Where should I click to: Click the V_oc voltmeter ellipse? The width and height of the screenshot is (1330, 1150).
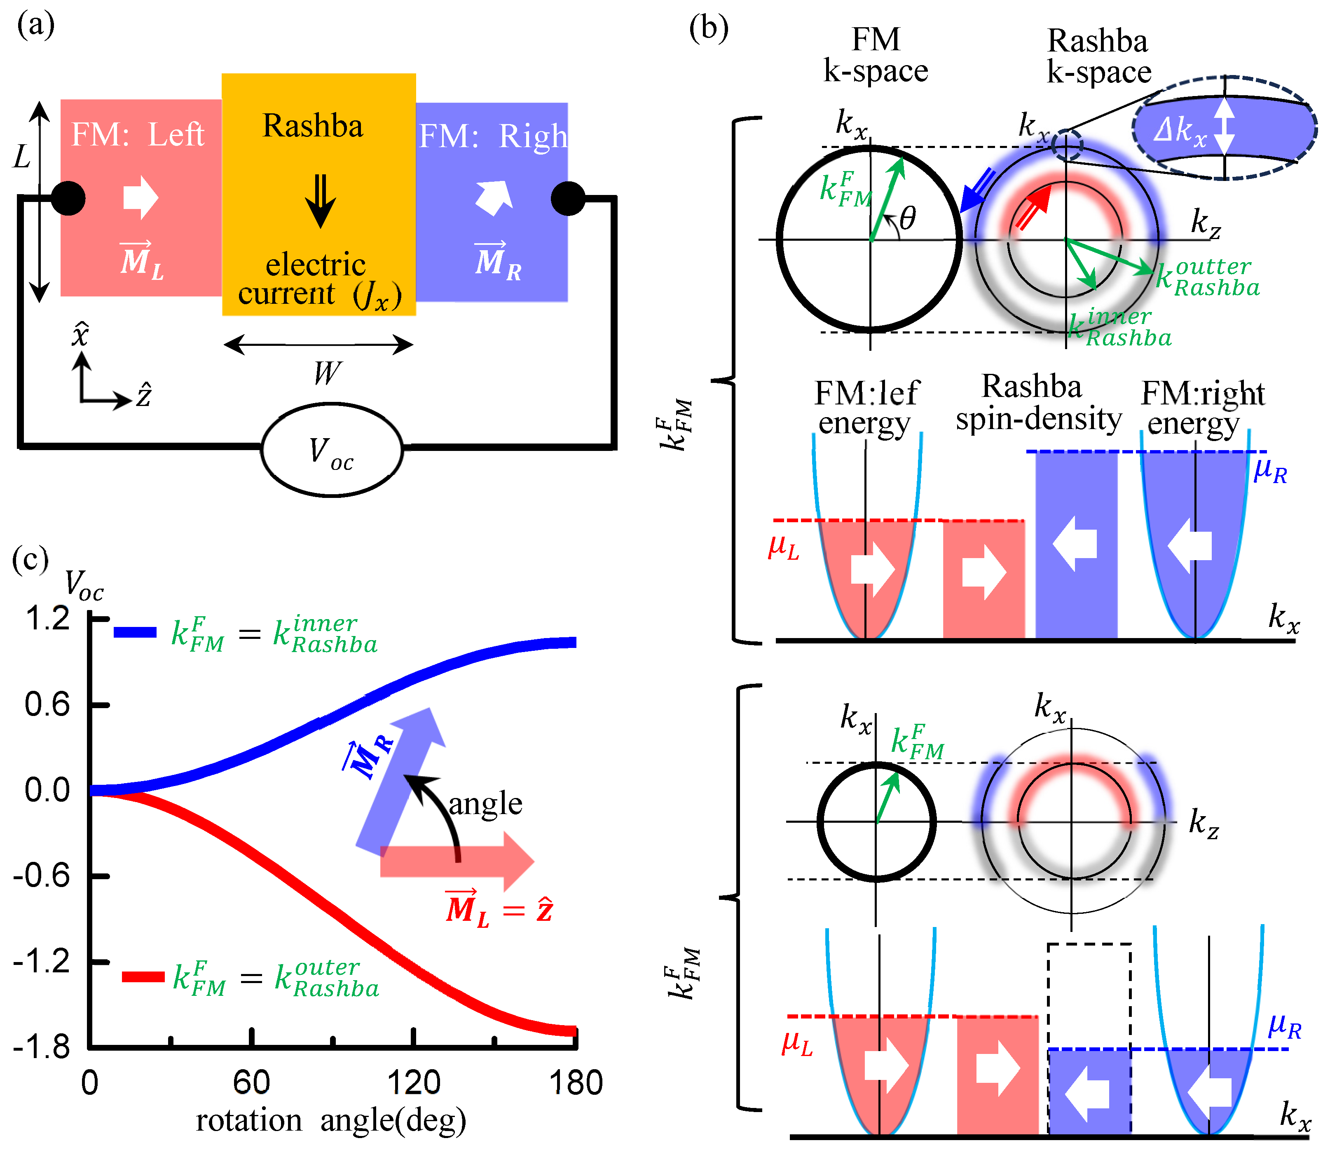pyautogui.click(x=332, y=449)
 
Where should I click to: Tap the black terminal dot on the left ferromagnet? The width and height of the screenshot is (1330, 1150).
pyautogui.click(x=68, y=198)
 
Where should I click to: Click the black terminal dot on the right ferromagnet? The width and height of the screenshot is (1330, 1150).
pyautogui.click(x=568, y=198)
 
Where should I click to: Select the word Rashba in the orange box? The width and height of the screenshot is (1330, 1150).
pyautogui.click(x=313, y=126)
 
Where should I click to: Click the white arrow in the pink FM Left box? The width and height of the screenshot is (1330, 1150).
pyautogui.click(x=140, y=197)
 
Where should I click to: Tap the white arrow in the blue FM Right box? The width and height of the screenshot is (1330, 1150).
pyautogui.click(x=495, y=197)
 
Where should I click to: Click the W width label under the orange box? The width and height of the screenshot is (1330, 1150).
pyautogui.click(x=328, y=373)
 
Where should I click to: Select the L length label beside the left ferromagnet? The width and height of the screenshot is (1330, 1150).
pyautogui.click(x=23, y=156)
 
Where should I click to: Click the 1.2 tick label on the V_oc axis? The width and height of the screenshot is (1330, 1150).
pyautogui.click(x=47, y=618)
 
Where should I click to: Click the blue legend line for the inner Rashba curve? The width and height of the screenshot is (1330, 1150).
pyautogui.click(x=135, y=632)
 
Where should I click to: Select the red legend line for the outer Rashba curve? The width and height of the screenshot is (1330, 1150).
pyautogui.click(x=143, y=976)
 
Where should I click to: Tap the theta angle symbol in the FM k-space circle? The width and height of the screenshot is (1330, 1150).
pyautogui.click(x=907, y=219)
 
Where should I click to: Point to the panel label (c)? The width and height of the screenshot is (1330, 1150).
pyautogui.click(x=30, y=559)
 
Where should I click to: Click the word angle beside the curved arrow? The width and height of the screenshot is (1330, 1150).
pyautogui.click(x=485, y=804)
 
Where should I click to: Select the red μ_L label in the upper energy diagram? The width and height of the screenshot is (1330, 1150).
pyautogui.click(x=784, y=547)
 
